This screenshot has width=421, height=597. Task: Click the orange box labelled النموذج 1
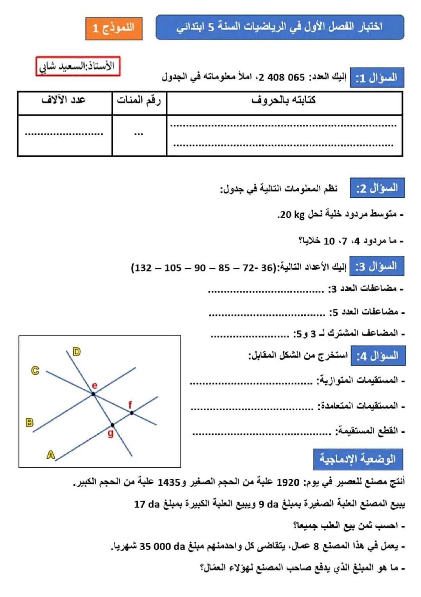point(114,29)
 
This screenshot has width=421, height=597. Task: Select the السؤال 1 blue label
point(376,78)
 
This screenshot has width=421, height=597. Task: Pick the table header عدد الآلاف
point(64,100)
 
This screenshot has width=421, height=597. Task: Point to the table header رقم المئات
point(139,100)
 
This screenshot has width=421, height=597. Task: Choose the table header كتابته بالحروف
point(284,100)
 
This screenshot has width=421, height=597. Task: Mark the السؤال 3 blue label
point(376,266)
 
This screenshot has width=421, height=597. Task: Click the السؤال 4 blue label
point(378,355)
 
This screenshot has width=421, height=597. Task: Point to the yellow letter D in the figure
point(77,352)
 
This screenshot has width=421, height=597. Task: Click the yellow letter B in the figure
point(29,422)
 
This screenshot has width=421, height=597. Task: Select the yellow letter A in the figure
point(50,455)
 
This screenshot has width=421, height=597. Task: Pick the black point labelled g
point(112,425)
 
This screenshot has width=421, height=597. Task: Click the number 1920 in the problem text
point(287,483)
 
